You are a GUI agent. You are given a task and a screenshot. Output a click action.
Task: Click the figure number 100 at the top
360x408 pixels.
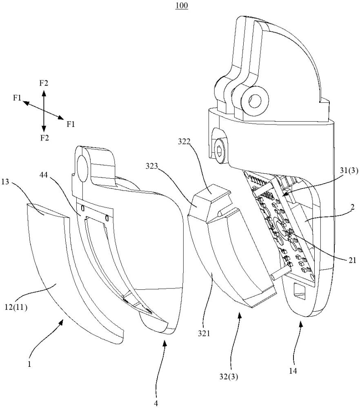(182, 5)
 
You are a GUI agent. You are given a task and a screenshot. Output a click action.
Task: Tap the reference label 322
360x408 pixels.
(184, 142)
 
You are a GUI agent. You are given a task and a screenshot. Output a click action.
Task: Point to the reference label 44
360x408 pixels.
(44, 175)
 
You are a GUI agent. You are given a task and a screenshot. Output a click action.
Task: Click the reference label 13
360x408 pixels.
(5, 182)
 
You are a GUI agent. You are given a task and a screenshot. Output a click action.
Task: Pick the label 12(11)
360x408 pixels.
(16, 307)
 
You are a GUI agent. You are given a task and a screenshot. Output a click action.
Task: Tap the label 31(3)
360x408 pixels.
(349, 171)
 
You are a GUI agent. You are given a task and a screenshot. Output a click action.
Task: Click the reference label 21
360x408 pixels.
(352, 260)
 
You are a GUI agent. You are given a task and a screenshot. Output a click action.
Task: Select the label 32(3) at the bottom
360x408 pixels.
(229, 377)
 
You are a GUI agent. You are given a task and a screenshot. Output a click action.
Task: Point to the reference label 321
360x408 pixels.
(204, 333)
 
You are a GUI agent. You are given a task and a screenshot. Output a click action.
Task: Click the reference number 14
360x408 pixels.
(293, 371)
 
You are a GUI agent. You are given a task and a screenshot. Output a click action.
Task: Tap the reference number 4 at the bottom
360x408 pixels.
(156, 404)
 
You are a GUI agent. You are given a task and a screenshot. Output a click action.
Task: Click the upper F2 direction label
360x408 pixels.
(44, 83)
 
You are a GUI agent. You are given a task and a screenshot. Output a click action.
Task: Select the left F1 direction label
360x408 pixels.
(17, 98)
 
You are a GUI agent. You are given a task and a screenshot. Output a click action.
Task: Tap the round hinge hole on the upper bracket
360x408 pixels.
(254, 100)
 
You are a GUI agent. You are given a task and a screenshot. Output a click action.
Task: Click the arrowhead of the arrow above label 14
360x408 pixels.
(301, 324)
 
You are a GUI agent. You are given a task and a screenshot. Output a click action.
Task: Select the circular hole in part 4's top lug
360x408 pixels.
(83, 169)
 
